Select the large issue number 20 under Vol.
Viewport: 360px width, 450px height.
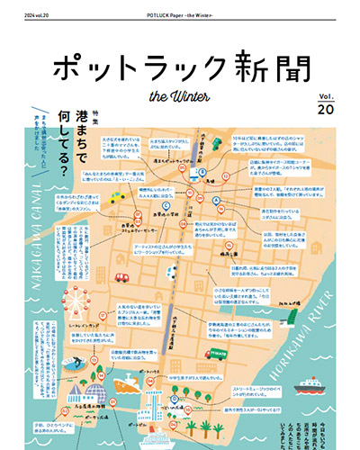pos(325,108)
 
